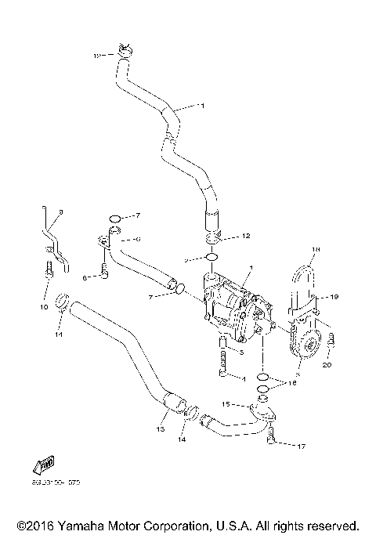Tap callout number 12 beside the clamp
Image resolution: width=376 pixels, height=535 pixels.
click(x=245, y=235)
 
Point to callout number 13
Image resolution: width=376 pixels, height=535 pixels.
click(x=160, y=429)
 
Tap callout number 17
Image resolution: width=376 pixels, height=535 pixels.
click(x=300, y=447)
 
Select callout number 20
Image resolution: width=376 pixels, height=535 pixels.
click(x=327, y=365)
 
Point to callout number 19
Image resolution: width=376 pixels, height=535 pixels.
click(x=333, y=298)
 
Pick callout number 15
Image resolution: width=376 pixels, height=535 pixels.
click(x=224, y=404)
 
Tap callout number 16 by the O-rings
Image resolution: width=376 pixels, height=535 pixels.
click(x=292, y=383)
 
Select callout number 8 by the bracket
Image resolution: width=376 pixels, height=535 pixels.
click(x=62, y=212)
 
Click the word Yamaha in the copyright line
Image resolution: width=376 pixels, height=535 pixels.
click(x=82, y=525)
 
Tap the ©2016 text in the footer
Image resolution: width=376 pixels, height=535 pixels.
click(x=35, y=525)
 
